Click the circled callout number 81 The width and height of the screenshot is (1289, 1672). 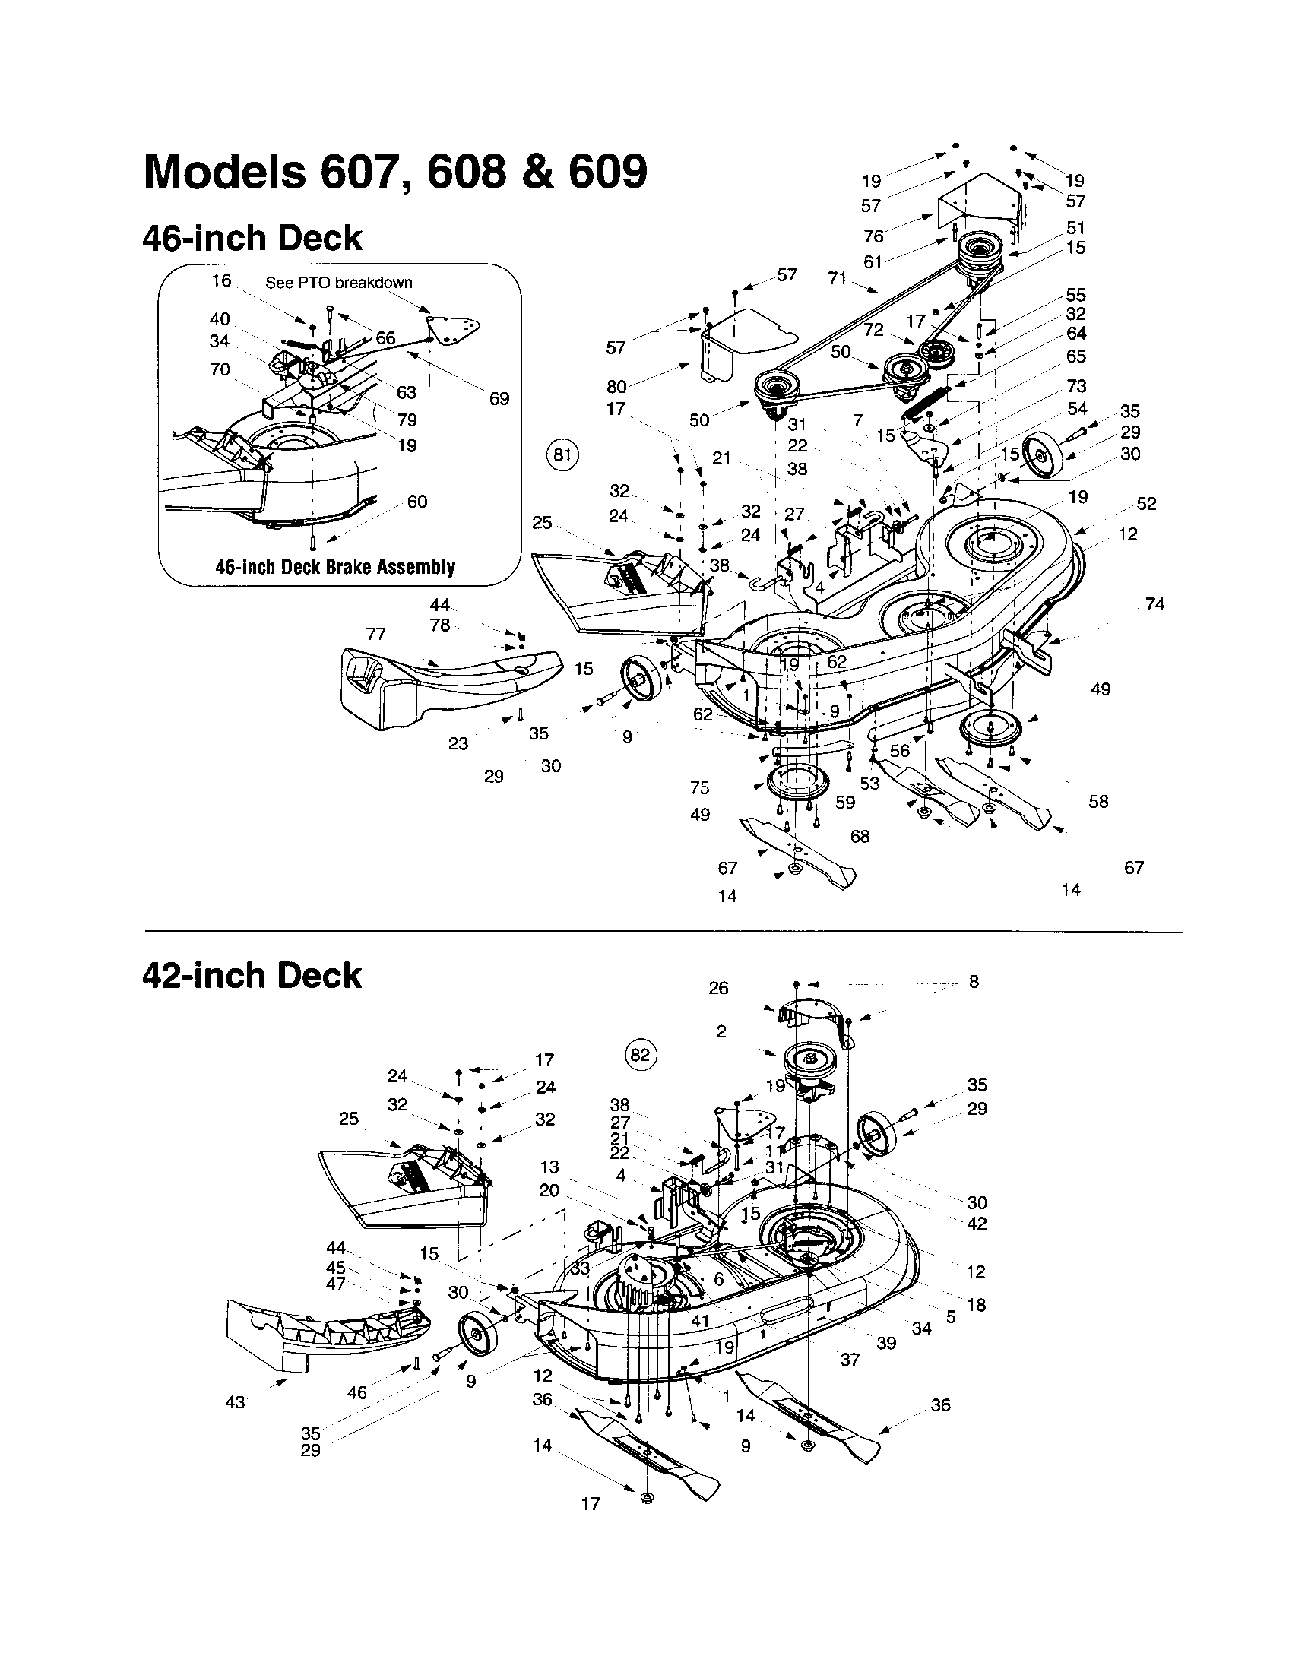coord(562,454)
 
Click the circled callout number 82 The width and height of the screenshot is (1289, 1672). coord(639,1056)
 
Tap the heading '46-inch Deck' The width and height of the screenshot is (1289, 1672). coord(252,238)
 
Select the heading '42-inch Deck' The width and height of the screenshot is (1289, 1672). coord(252,976)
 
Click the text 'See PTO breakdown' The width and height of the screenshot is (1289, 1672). coord(338,283)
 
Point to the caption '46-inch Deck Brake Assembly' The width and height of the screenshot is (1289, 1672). coord(335,567)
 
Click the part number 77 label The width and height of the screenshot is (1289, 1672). coord(375,634)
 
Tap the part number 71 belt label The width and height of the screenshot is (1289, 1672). coord(837,278)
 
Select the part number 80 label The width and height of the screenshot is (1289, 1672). coord(616,387)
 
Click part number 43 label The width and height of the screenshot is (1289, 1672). coord(235,1401)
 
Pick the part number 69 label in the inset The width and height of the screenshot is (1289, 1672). coord(499,398)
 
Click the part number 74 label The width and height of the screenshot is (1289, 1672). coord(1154,604)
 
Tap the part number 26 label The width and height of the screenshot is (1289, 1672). coord(718,988)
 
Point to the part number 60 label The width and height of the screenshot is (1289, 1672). coord(417,502)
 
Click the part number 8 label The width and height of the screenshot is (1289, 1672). coord(974,981)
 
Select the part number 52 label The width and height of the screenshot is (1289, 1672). coord(1146,504)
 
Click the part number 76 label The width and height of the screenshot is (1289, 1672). coord(873,236)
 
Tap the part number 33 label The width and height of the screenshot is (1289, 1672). coord(580,1268)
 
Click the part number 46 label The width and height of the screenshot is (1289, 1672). coord(356,1392)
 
